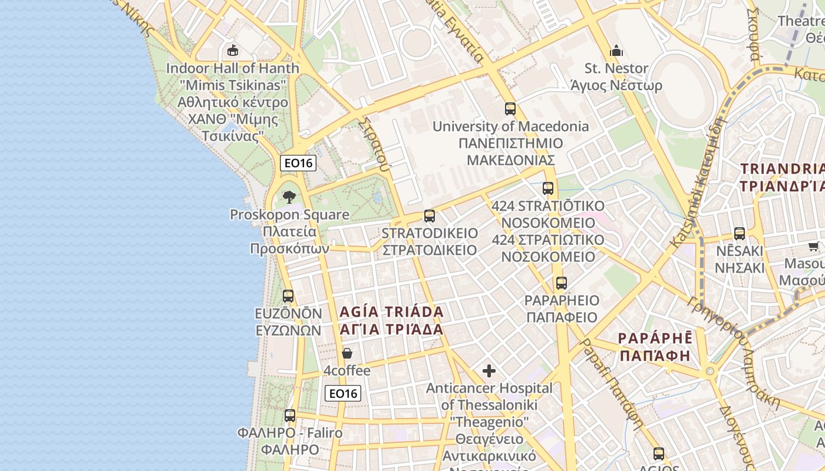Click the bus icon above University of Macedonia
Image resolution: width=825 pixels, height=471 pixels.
[510, 109]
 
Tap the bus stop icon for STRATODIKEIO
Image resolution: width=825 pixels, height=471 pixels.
[430, 216]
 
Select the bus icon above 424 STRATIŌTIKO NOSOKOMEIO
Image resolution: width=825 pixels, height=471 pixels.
[548, 188]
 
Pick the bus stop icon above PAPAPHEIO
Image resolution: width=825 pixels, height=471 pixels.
[562, 283]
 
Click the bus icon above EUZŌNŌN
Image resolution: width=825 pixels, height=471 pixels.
[288, 296]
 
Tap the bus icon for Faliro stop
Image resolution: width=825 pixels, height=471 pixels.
[289, 416]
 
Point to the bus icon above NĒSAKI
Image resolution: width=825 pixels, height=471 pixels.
[740, 234]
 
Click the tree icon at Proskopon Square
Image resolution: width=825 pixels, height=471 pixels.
[289, 197]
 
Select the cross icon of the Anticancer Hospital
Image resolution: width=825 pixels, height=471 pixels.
[489, 371]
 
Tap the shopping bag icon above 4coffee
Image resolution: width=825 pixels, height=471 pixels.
[347, 353]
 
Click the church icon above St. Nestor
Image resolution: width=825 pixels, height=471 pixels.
[616, 51]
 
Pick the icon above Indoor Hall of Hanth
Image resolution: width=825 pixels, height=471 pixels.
[233, 50]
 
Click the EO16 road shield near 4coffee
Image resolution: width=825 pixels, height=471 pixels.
[343, 393]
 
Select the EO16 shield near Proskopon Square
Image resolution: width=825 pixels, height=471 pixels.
[298, 163]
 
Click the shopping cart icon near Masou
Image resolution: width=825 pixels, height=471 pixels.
[813, 246]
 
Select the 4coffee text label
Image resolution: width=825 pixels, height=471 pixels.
[347, 371]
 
